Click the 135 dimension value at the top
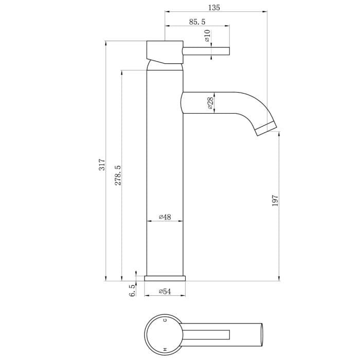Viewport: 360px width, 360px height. [215, 7]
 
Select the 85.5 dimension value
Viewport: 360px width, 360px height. [197, 22]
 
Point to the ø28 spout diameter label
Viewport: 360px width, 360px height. [211, 103]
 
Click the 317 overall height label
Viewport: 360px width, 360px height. [102, 165]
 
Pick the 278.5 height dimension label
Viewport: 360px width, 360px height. [118, 175]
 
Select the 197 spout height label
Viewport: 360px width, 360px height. [275, 201]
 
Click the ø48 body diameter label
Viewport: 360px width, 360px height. [165, 217]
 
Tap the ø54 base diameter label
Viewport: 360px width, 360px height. [165, 292]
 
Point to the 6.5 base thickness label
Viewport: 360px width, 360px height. [132, 291]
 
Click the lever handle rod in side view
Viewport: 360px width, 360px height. [206, 50]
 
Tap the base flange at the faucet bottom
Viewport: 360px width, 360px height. [165, 278]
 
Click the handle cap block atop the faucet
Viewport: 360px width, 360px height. [165, 51]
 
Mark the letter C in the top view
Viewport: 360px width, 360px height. [165, 320]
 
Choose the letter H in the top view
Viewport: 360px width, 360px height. [165, 349]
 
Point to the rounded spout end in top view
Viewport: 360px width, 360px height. [261, 334]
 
